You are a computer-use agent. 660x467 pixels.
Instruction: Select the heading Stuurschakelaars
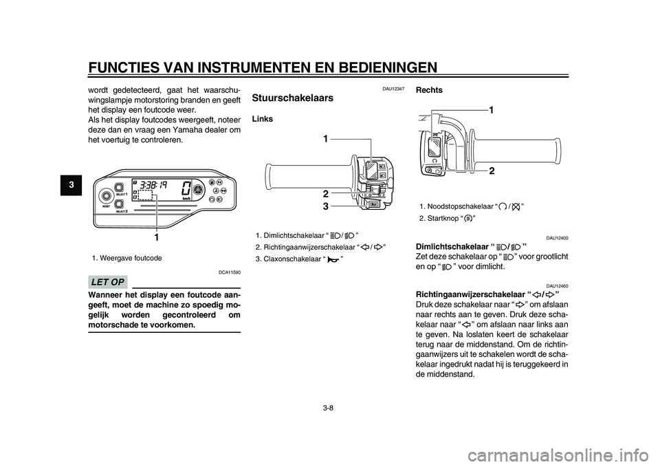click(293, 98)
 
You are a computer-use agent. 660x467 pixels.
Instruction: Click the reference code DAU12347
click(394, 89)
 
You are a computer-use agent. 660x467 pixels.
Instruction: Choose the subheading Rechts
click(430, 90)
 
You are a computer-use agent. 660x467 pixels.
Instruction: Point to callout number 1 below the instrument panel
click(157, 237)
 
